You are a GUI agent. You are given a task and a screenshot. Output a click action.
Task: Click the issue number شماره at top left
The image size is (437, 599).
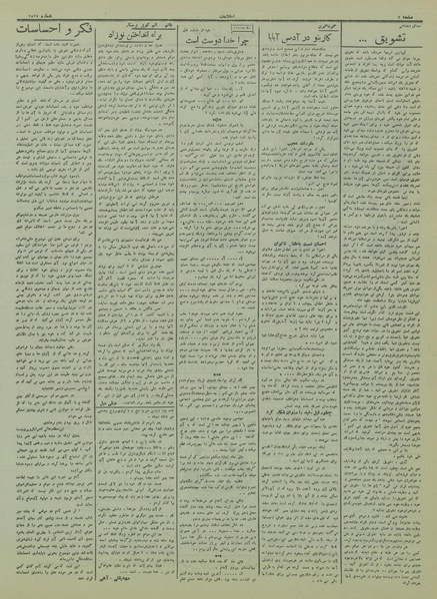24,8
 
